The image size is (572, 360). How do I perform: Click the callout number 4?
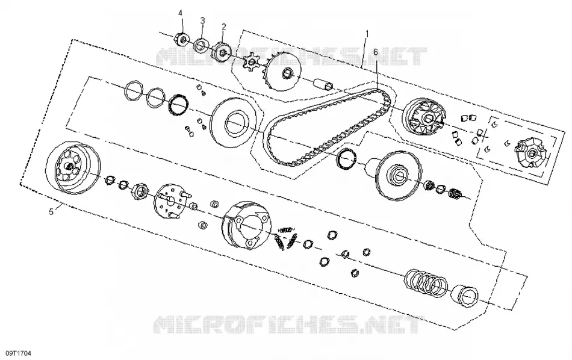tap(180, 13)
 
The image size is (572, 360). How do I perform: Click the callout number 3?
tap(202, 20)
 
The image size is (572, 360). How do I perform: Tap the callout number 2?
tap(223, 26)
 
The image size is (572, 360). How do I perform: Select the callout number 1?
tap(367, 34)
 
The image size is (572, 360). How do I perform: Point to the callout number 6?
tap(376, 52)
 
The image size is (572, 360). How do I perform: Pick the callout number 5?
tap(51, 211)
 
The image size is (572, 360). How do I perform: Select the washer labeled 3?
tap(201, 45)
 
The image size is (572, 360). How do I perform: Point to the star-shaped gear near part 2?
tap(251, 62)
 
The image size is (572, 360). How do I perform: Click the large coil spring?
tap(426, 281)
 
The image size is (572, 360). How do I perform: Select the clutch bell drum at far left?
tap(73, 167)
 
